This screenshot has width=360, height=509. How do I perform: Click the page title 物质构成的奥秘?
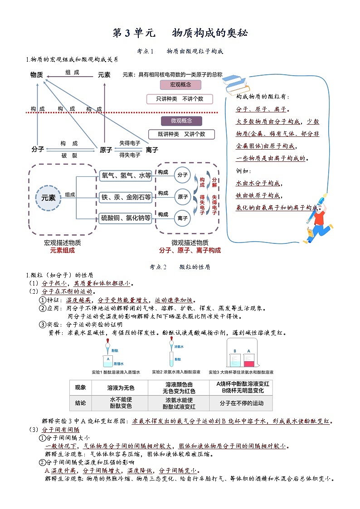click(x=210, y=33)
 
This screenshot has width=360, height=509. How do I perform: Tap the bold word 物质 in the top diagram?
click(x=37, y=75)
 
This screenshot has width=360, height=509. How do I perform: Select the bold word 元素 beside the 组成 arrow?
click(x=104, y=75)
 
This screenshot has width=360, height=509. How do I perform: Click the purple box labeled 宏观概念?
click(x=180, y=85)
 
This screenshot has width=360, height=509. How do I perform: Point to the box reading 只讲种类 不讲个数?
click(x=180, y=98)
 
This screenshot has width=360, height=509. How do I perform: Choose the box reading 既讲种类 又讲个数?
click(x=181, y=134)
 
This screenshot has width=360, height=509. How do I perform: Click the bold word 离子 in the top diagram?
click(x=152, y=150)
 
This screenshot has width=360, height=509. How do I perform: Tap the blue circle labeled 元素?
click(x=49, y=198)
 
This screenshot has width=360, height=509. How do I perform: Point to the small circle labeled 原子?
click(x=183, y=197)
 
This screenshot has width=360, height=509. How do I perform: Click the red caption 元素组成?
click(x=62, y=250)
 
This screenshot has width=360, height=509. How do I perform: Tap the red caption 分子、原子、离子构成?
click(x=190, y=250)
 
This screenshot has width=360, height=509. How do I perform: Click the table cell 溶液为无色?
click(x=121, y=388)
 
